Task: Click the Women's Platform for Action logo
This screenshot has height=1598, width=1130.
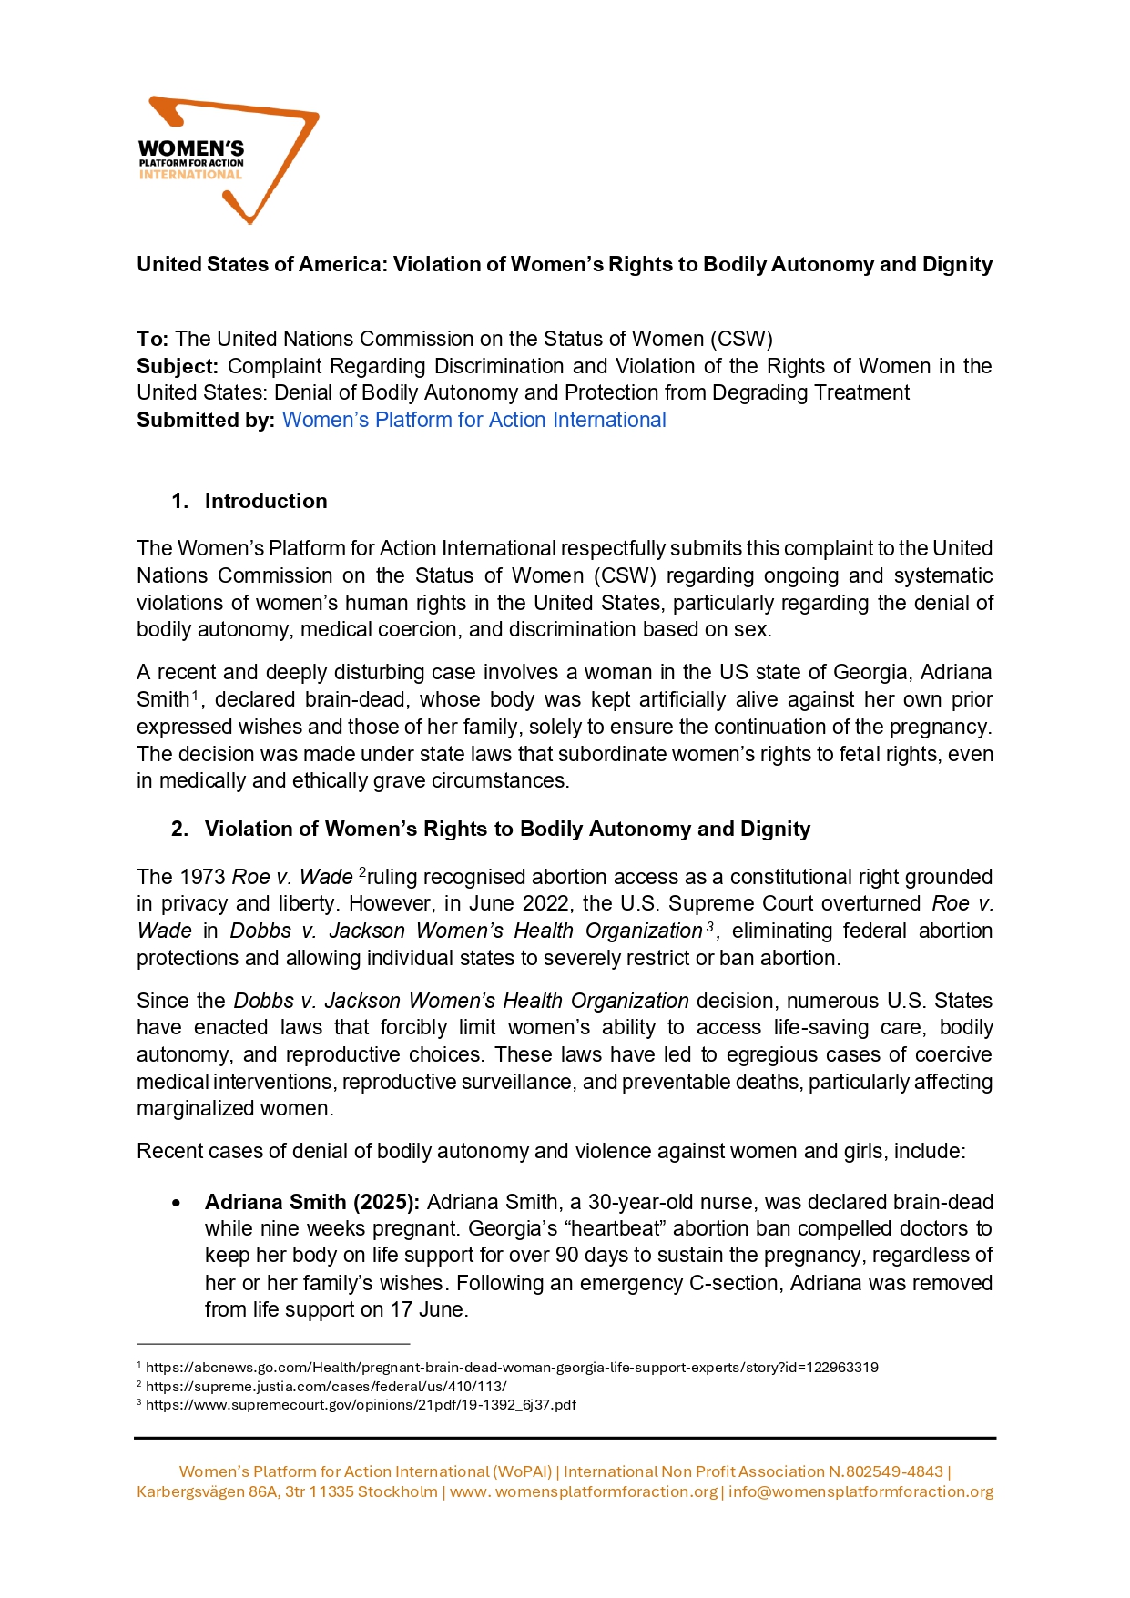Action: coord(228,159)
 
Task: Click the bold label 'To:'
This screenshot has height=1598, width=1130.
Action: coord(152,339)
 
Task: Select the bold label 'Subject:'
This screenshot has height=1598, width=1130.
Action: coord(178,366)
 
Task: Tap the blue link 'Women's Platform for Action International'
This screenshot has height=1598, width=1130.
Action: coord(473,420)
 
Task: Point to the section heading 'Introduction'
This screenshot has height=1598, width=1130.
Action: coord(265,501)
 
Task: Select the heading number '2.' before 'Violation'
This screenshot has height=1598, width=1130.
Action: coord(179,829)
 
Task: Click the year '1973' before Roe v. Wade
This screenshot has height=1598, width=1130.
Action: coord(202,877)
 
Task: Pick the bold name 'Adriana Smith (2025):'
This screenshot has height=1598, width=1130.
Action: coord(311,1202)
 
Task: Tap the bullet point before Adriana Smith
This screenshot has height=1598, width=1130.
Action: coord(176,1203)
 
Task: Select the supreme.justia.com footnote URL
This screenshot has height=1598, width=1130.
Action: coord(326,1386)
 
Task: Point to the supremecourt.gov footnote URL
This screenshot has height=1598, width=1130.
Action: coord(361,1404)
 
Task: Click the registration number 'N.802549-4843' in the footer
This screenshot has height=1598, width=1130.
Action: coord(885,1471)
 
